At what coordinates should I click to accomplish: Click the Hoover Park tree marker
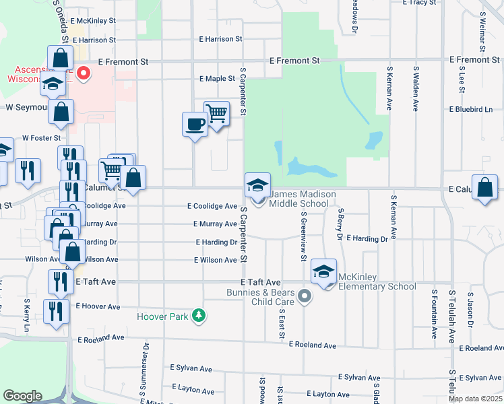click(x=198, y=315)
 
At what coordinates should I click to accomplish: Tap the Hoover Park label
click(x=163, y=316)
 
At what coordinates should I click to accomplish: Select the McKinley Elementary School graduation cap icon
click(x=324, y=271)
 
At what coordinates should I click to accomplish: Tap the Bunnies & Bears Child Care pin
click(x=305, y=296)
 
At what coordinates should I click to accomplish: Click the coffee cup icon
click(x=195, y=125)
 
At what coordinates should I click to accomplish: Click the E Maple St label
click(x=217, y=79)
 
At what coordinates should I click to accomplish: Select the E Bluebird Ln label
click(x=470, y=109)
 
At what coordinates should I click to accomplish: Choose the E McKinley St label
click(x=92, y=20)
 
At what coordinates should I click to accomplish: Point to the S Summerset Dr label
click(x=145, y=366)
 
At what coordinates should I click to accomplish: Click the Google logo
click(x=22, y=396)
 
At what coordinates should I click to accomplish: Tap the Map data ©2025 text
click(x=474, y=399)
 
